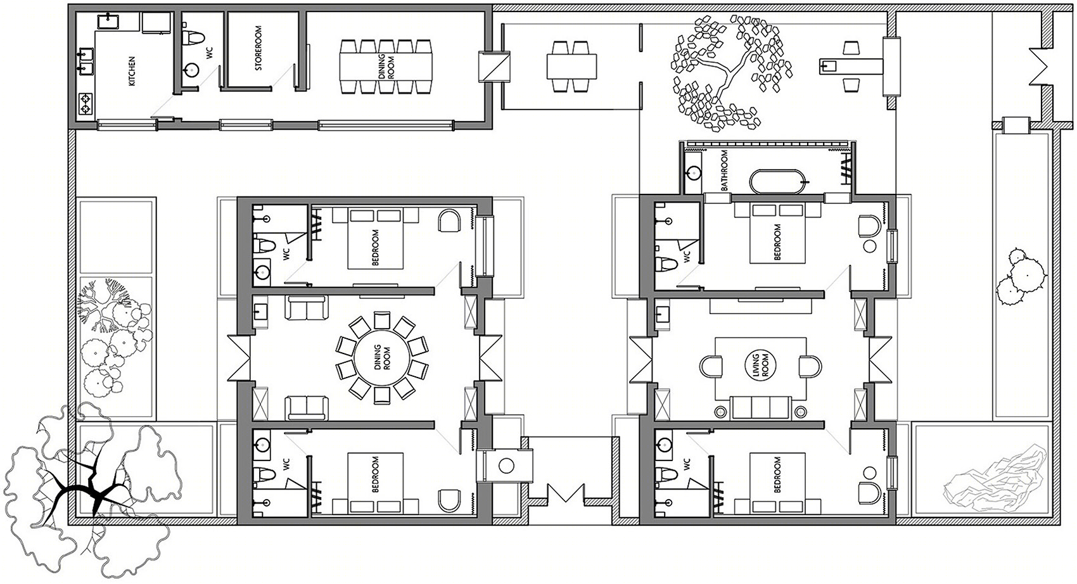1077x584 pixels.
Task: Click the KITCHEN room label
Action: [132, 72]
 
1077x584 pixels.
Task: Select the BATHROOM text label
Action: [724, 170]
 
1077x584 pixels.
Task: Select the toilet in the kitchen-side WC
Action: [194, 37]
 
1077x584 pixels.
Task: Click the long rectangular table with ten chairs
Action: [386, 67]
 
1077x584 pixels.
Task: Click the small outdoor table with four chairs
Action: [571, 67]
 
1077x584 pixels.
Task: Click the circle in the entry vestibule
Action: [506, 466]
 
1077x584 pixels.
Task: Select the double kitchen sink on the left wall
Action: [86, 62]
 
